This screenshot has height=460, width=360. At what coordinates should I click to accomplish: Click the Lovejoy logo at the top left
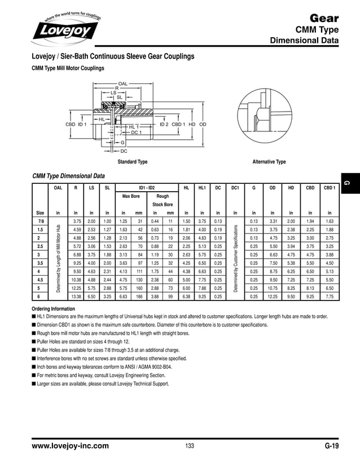pyautogui.click(x=65, y=27)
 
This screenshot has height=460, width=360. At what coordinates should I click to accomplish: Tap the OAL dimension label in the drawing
pyautogui.click(x=123, y=83)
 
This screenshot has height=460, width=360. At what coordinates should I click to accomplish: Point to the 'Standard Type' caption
pyautogui.click(x=132, y=162)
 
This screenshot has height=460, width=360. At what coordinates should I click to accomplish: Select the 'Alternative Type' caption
pyautogui.click(x=269, y=162)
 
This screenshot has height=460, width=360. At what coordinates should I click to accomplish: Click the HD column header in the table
pyautogui.click(x=291, y=187)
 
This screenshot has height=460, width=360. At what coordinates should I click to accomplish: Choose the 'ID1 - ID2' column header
pyautogui.click(x=147, y=187)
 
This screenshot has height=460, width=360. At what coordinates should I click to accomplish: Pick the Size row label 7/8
pyautogui.click(x=40, y=221)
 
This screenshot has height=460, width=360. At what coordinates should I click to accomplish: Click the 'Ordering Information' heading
pyautogui.click(x=54, y=309)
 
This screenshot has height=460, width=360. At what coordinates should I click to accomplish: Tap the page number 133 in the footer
pyautogui.click(x=190, y=446)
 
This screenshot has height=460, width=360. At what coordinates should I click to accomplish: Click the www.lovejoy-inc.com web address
pyautogui.click(x=71, y=446)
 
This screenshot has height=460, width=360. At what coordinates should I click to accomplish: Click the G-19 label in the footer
pyautogui.click(x=331, y=446)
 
